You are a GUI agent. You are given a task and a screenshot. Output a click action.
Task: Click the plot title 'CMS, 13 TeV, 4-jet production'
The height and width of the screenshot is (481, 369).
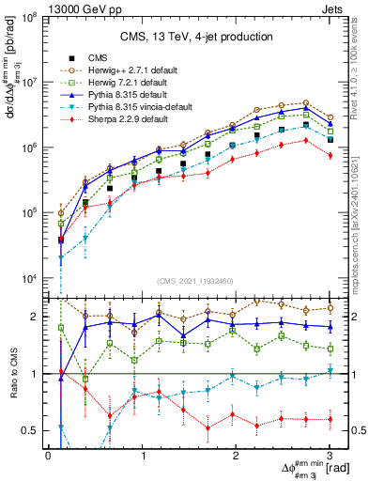click(189, 37)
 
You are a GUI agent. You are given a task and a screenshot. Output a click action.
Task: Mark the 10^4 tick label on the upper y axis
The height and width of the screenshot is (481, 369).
click(28, 279)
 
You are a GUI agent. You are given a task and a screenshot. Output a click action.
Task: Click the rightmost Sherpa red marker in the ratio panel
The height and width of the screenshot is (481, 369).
click(330, 419)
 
